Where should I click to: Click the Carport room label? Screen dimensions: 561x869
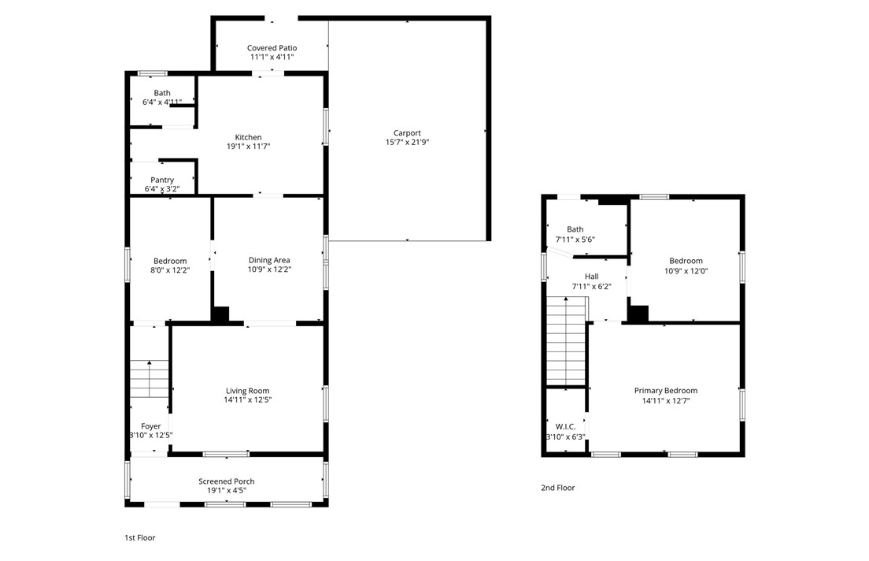pyautogui.click(x=408, y=133)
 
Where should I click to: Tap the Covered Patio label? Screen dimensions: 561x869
pyautogui.click(x=272, y=48)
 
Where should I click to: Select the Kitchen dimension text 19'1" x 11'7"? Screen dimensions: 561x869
pyautogui.click(x=248, y=147)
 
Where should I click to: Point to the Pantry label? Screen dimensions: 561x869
pyautogui.click(x=162, y=180)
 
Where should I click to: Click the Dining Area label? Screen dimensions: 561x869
pyautogui.click(x=269, y=260)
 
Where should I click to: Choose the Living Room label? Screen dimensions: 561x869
pyautogui.click(x=247, y=391)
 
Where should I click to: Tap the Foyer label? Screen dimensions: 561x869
pyautogui.click(x=150, y=426)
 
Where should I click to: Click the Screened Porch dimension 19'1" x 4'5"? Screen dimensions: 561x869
pyautogui.click(x=227, y=490)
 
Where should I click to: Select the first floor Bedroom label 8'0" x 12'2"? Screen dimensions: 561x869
pyautogui.click(x=170, y=270)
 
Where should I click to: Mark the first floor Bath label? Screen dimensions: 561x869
pyautogui.click(x=162, y=93)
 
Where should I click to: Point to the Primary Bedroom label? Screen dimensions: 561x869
pyautogui.click(x=666, y=391)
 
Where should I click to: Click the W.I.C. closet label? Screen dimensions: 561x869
pyautogui.click(x=565, y=426)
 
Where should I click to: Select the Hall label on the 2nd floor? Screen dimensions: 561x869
pyautogui.click(x=591, y=277)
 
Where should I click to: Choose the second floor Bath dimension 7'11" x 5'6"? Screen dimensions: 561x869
pyautogui.click(x=575, y=240)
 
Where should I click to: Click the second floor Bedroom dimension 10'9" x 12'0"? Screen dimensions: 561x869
pyautogui.click(x=686, y=270)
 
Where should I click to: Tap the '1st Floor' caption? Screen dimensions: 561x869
pyautogui.click(x=139, y=538)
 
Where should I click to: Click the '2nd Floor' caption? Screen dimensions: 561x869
pyautogui.click(x=557, y=488)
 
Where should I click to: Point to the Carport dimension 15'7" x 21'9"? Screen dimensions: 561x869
pyautogui.click(x=408, y=143)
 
